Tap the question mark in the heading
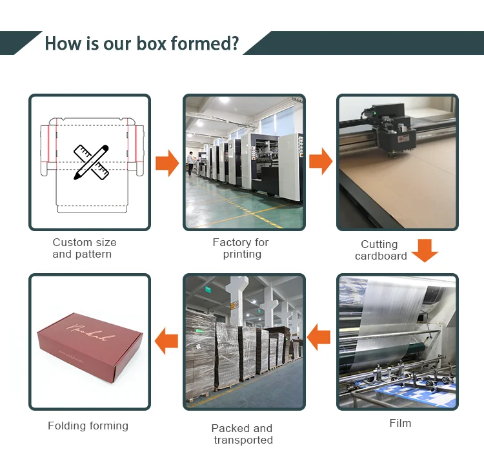pos(236,44)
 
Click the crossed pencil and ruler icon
pos(90,161)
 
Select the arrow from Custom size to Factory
pos(167,163)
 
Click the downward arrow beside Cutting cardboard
pos(425,250)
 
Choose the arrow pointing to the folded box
pos(167,340)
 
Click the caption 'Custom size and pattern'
pos(85,248)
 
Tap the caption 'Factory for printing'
pos(241,248)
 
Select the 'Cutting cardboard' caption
pos(381,250)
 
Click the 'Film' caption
pos(400,423)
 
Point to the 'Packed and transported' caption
pos(242,434)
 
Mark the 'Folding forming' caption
pos(88,426)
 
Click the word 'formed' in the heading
pos(200,44)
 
